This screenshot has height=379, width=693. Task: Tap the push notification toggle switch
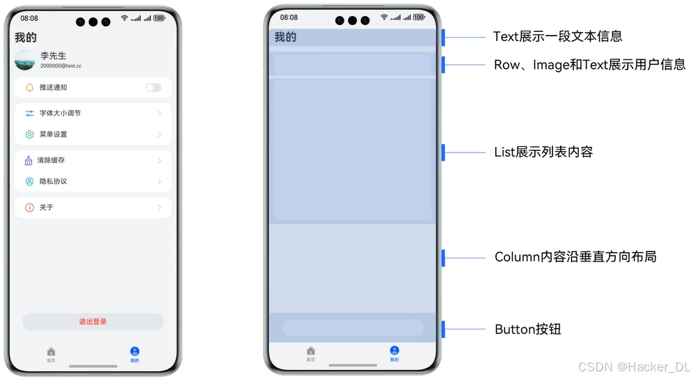[153, 88]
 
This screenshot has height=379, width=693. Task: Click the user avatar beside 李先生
[24, 60]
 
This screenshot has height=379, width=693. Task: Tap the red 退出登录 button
[93, 322]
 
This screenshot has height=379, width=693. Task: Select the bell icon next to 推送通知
[29, 88]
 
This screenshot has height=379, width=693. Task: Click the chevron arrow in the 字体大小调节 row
[159, 113]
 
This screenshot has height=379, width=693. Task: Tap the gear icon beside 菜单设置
[29, 134]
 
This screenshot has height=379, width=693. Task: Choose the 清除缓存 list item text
[51, 160]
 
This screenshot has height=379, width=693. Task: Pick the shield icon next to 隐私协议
[29, 181]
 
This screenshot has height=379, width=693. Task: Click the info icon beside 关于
[29, 208]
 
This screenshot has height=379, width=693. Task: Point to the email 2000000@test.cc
[61, 65]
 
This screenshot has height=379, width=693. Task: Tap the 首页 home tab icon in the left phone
[51, 352]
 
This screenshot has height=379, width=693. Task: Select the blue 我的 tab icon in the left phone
[134, 352]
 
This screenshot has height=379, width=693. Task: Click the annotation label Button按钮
[527, 329]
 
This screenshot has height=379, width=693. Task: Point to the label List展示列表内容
[543, 152]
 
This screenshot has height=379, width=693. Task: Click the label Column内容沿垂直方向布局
[575, 257]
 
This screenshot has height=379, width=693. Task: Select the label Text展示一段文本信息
[557, 36]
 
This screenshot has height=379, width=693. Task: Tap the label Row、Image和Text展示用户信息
[589, 65]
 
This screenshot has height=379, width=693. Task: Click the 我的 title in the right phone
[285, 37]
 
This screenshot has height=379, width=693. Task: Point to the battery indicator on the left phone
[159, 17]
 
